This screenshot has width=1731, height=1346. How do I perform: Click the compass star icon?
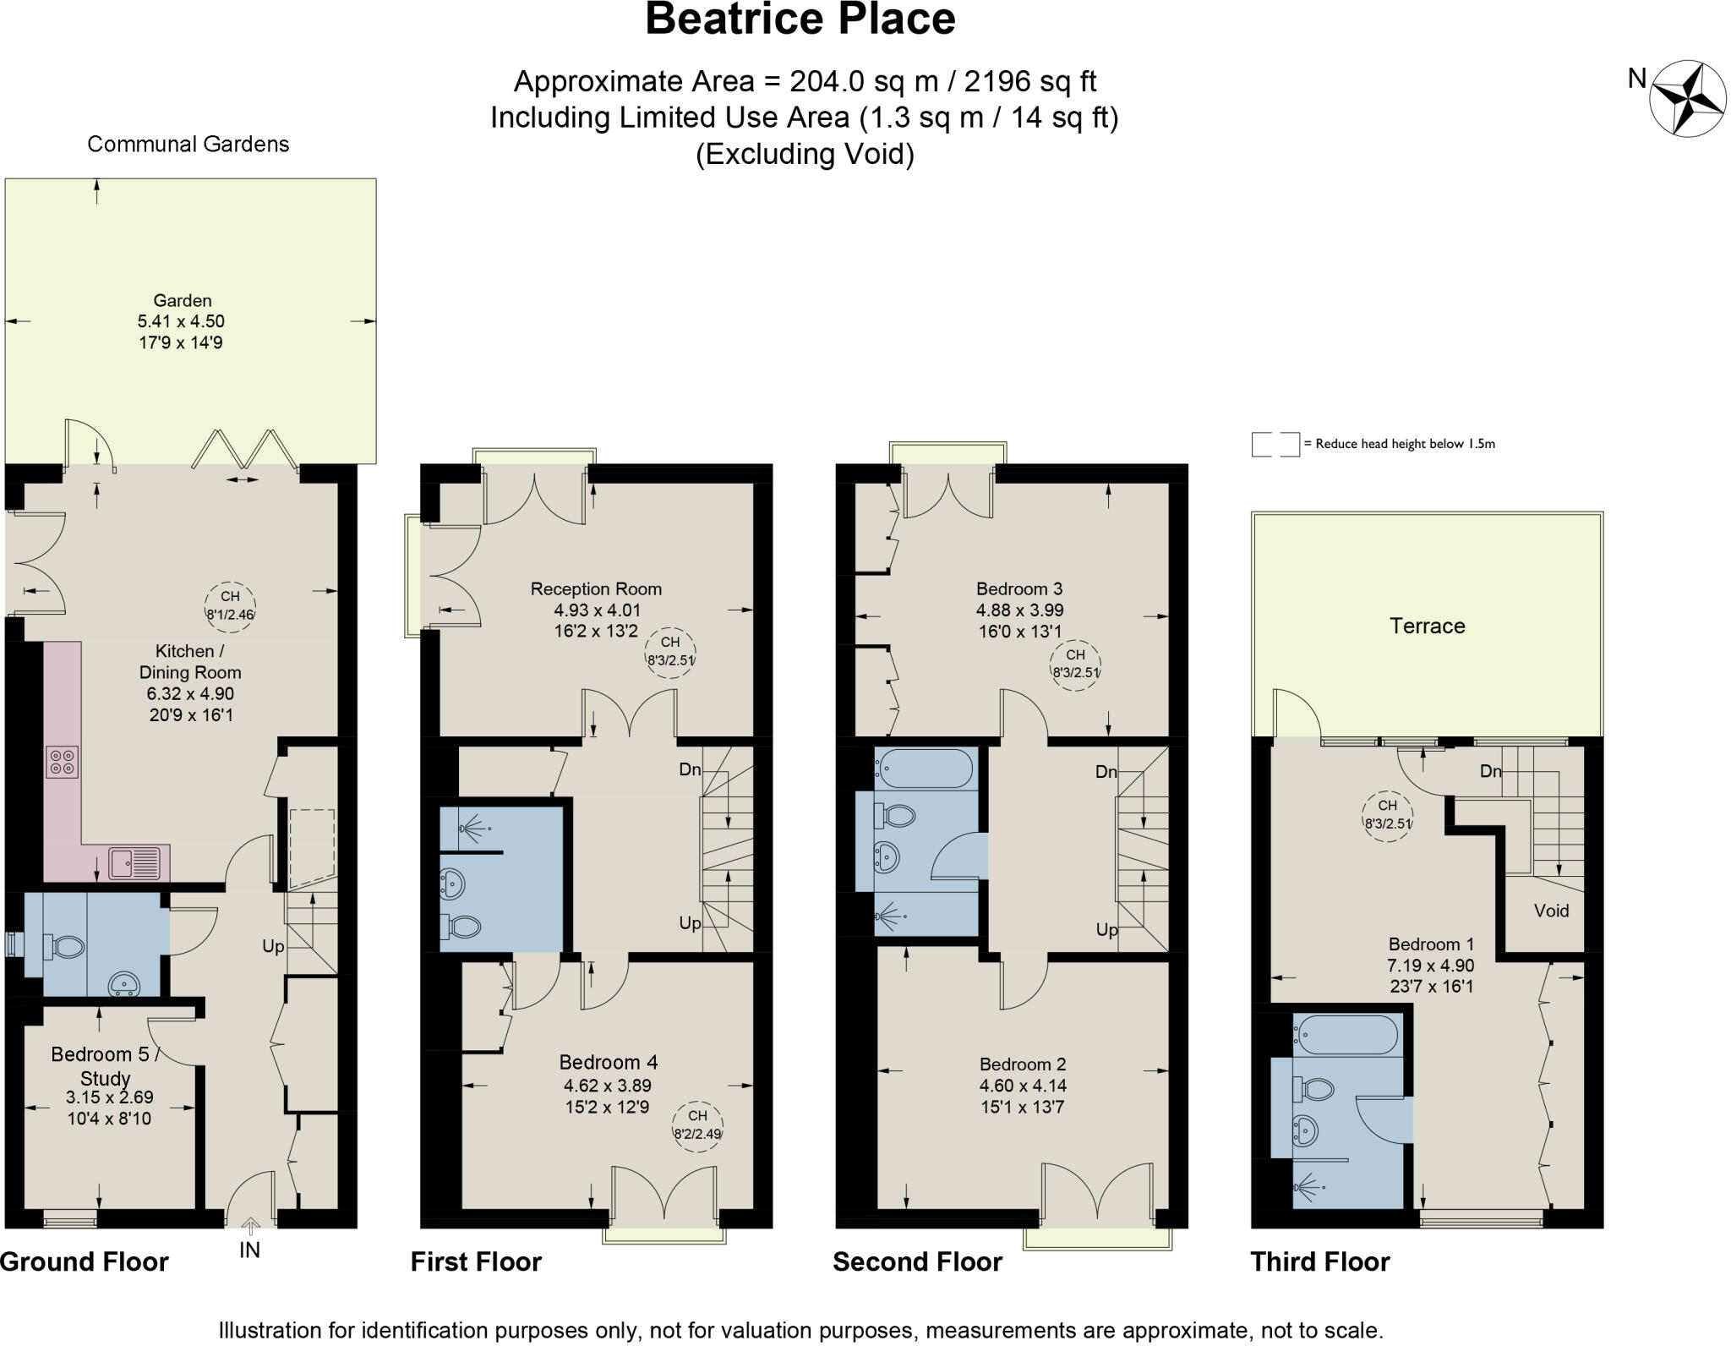click(x=1687, y=98)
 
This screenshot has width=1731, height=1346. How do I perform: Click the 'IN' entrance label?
click(x=249, y=1249)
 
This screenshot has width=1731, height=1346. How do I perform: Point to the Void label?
click(x=1551, y=911)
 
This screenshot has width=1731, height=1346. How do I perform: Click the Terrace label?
click(x=1427, y=626)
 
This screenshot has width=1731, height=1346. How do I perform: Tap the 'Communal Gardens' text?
click(x=188, y=145)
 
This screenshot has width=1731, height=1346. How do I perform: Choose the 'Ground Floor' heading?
click(x=85, y=1261)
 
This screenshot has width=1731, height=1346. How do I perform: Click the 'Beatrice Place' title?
click(x=800, y=19)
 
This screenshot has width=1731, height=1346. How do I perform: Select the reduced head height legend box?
click(x=1275, y=444)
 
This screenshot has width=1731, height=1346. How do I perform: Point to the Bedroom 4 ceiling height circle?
click(x=697, y=1125)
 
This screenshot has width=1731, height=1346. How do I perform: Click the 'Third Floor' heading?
click(x=1319, y=1261)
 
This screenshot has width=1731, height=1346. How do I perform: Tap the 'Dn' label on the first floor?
click(x=690, y=769)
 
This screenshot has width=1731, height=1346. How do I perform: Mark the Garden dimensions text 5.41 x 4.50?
click(x=181, y=321)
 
